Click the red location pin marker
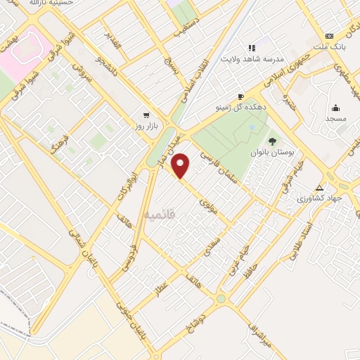pyautogui.click(x=181, y=166)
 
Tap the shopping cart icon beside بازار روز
pyautogui.click(x=146, y=115)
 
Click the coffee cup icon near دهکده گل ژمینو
pyautogui.click(x=240, y=97)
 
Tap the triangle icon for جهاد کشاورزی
pyautogui.click(x=320, y=188)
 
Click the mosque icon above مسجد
pyautogui.click(x=335, y=108)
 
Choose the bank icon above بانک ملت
pyautogui.click(x=329, y=37)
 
